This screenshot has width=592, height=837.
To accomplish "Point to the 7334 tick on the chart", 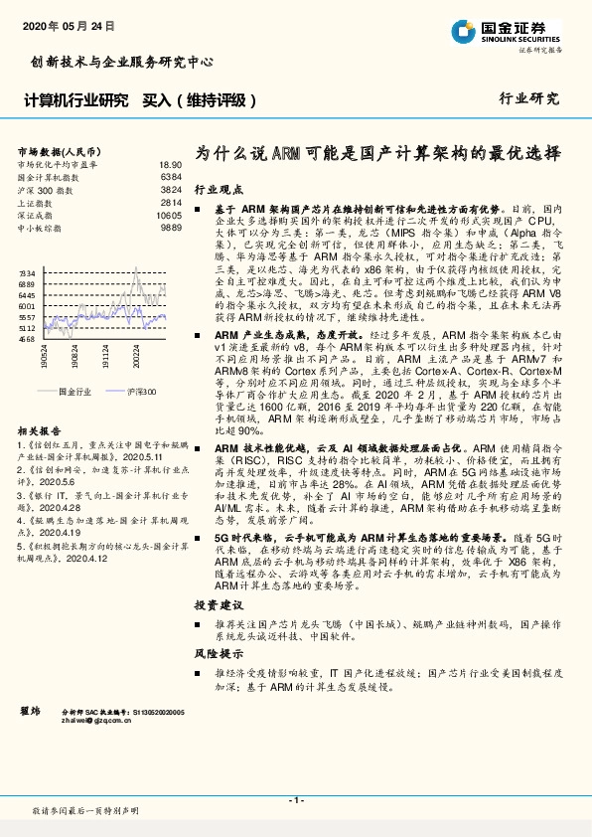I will [x=27, y=271].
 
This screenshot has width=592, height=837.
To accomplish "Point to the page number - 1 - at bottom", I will [x=295, y=799].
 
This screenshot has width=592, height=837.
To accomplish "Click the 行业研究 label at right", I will [x=528, y=98].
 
